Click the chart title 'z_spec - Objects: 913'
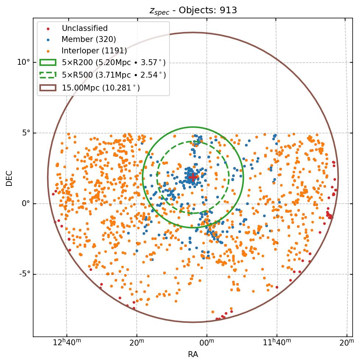pos(193,10)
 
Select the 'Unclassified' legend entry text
pos(85,28)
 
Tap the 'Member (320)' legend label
pos(89,39)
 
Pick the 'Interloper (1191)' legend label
pos(94,50)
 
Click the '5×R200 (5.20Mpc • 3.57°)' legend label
pos(113,63)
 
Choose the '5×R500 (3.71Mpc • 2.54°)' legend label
pos(114,75)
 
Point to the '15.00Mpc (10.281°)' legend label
pos(101,88)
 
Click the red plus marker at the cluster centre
pos(192,177)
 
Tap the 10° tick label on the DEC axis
pos(24,62)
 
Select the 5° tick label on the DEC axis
pos(25,133)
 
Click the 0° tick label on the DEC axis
pos(25,204)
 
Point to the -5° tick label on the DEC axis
pos(24,274)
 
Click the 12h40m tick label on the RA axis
pos(67,342)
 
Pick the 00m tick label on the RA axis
pos(207,342)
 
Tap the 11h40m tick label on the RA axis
pos(277,342)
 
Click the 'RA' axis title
pos(193,354)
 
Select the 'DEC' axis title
pos(9,178)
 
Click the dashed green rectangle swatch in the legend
pos(48,75)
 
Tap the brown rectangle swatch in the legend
pos(48,88)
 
